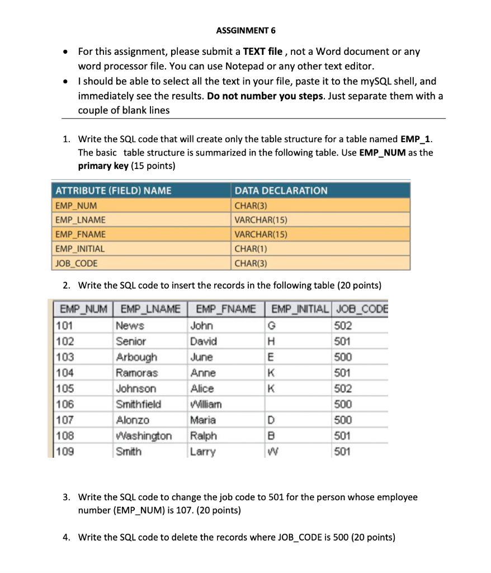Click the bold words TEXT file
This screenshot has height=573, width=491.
pos(262,51)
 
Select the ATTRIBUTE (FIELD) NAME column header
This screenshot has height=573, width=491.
pos(113,191)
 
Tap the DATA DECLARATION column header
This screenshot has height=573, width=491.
pos(281,191)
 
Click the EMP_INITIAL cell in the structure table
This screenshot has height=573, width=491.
pos(80,248)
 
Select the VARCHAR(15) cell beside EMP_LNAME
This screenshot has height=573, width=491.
pos(261,220)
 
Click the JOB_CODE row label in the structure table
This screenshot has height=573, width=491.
pos(76,263)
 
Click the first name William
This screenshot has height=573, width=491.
pos(206,404)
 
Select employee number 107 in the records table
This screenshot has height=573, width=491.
pos(66,420)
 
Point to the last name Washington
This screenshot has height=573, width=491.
pos(143,435)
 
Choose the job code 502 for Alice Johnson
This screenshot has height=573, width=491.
pos(342,388)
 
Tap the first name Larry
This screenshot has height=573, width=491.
pos(202,451)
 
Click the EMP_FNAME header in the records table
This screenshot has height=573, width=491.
pos(223,309)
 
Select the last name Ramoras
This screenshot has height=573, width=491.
pos(136,373)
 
